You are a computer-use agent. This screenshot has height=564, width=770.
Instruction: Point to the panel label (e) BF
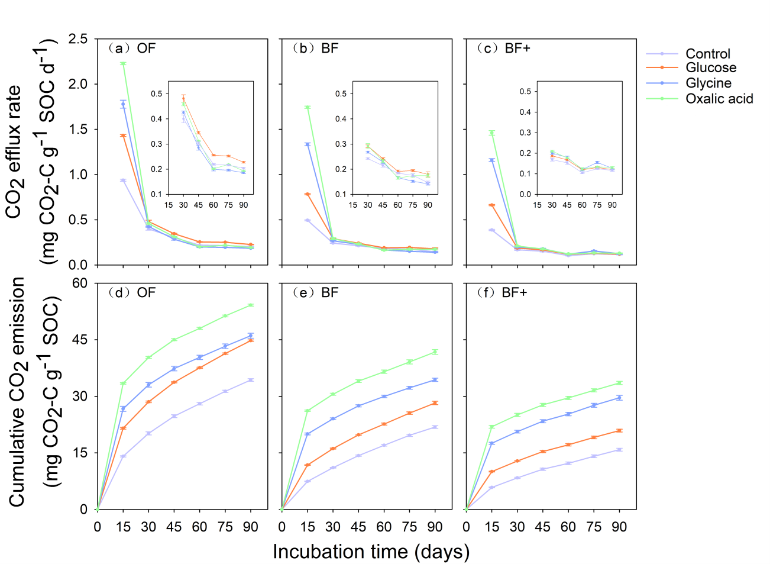pyautogui.click(x=316, y=293)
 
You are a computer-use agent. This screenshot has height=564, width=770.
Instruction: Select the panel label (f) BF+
pyautogui.click(x=502, y=293)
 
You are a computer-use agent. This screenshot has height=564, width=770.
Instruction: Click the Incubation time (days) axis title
pyautogui.click(x=371, y=552)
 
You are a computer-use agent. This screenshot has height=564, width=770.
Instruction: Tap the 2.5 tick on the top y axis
pyautogui.click(x=78, y=39)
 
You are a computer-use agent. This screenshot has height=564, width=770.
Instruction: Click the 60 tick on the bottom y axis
pyautogui.click(x=80, y=283)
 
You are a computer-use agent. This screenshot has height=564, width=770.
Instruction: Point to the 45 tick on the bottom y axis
pyautogui.click(x=80, y=340)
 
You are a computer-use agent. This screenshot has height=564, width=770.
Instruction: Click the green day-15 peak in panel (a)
pyautogui.click(x=123, y=64)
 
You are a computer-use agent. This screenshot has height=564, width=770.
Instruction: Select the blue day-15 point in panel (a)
pyautogui.click(x=123, y=104)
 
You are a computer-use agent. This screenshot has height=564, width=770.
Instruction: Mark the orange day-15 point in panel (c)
pyautogui.click(x=491, y=205)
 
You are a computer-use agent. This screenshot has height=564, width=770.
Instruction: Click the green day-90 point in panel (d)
pyautogui.click(x=251, y=305)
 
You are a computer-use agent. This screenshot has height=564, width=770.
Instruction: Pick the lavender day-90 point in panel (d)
pyautogui.click(x=251, y=380)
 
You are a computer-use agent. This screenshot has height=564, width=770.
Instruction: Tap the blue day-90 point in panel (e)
pyautogui.click(x=435, y=380)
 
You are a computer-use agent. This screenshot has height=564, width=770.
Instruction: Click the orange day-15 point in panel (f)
pyautogui.click(x=491, y=472)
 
